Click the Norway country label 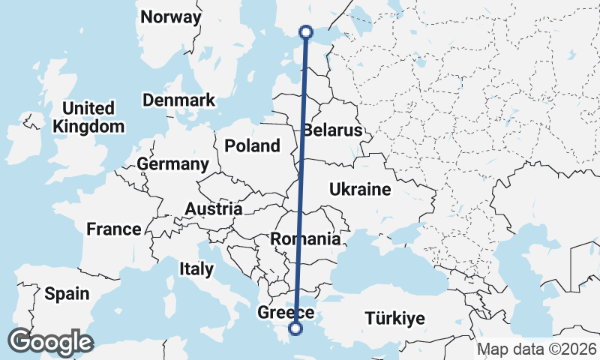pos(171,17)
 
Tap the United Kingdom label pos(88,117)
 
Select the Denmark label pos(178,100)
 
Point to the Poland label pos(252,145)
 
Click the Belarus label pos(332,130)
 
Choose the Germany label pos(172,164)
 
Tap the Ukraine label pos(360,190)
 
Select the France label pos(113,229)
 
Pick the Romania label pos(305,239)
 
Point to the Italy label pos(196,268)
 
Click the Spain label pos(67,294)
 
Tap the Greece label pos(285,313)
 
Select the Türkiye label pos(394,319)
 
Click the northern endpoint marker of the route pos(305,31)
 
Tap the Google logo pos(50,342)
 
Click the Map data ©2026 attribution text pos(536,349)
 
